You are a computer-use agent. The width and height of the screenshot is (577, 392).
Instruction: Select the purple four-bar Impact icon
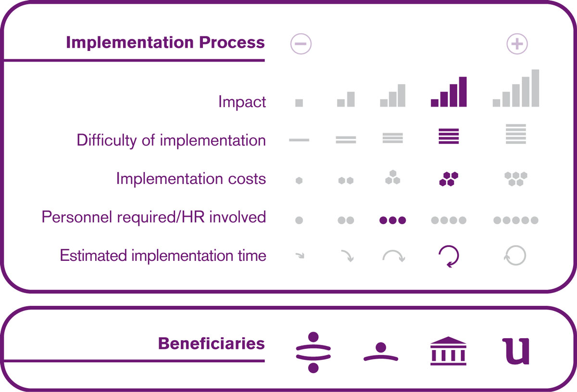point(449,92)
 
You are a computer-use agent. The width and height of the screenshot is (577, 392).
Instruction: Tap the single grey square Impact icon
point(299,103)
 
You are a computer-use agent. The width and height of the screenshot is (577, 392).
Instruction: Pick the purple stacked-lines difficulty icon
point(449,136)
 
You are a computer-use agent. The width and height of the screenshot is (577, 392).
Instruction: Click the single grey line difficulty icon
point(299,140)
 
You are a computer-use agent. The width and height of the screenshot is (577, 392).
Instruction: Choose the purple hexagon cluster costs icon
point(449,179)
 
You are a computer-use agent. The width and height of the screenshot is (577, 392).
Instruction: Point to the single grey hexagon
point(299,181)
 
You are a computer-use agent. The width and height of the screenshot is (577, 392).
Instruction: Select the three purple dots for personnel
point(392,220)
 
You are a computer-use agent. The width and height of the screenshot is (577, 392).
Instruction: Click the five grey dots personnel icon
point(516,220)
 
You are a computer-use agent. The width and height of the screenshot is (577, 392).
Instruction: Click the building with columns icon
point(448,351)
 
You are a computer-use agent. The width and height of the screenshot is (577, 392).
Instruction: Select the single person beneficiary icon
point(381,352)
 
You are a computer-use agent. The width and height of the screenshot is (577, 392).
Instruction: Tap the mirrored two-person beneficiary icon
point(313,352)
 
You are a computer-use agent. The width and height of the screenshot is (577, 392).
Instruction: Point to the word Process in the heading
point(232,42)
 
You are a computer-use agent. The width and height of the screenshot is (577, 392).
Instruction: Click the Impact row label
point(242,102)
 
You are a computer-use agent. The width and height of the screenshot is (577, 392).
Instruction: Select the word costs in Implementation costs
point(247,179)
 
